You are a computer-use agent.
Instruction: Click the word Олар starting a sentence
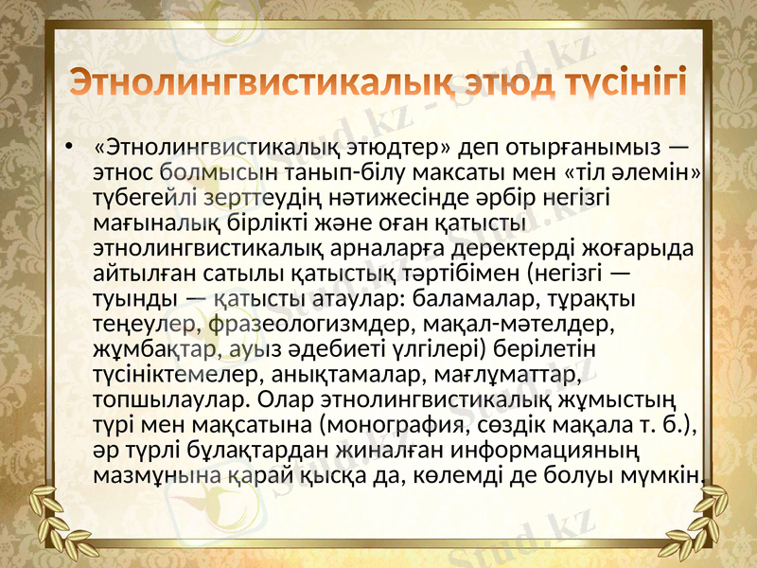point(290,399)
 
